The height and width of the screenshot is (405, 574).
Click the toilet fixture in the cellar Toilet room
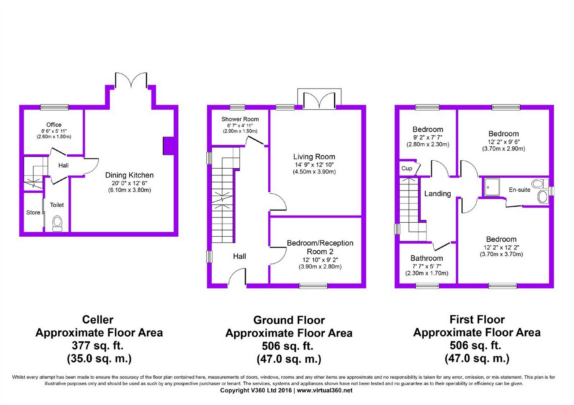pos(57,224)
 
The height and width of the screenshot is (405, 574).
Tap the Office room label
pos(54,125)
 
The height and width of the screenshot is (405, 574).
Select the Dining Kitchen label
pos(129,175)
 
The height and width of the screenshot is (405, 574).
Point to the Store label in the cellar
pos(33,212)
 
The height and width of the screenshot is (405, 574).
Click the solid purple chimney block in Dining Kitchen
pos(168,146)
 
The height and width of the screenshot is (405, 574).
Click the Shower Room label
pos(240,119)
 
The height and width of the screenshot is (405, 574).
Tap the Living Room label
pos(314,156)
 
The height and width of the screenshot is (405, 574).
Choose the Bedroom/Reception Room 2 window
pos(313,286)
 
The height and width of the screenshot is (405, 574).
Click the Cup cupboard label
pos(406,168)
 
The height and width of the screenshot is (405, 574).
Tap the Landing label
pos(438,194)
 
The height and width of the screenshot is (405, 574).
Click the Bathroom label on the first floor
pos(426,258)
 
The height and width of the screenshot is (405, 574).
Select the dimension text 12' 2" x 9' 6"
pos(503,142)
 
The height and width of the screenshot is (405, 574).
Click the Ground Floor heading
pos(289,320)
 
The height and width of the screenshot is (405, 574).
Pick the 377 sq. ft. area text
pos(98,346)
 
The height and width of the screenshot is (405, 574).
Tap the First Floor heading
pos(477,320)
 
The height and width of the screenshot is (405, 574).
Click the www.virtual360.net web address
pos(325,391)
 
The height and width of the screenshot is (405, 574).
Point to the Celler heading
pos(98,320)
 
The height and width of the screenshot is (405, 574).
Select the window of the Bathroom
pos(427,286)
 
